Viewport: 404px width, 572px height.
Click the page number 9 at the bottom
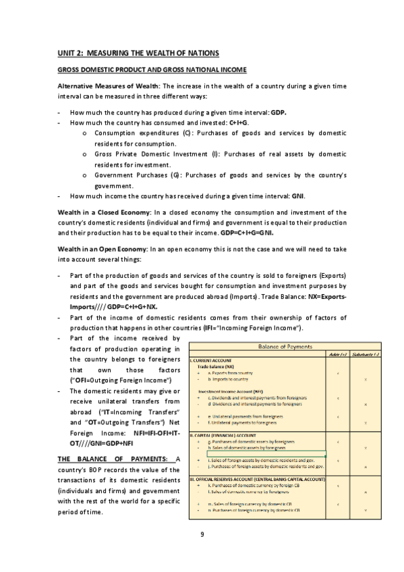[202, 535]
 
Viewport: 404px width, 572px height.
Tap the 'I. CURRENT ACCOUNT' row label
[210, 360]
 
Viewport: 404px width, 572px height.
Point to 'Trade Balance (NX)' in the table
[216, 366]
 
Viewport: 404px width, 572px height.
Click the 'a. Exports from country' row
[230, 373]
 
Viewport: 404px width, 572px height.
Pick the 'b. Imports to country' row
[229, 380]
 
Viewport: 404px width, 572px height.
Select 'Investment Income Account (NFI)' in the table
[231, 391]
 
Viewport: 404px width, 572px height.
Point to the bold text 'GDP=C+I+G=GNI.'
[247, 233]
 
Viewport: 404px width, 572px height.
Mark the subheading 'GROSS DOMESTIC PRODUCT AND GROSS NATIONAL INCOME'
[152, 70]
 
